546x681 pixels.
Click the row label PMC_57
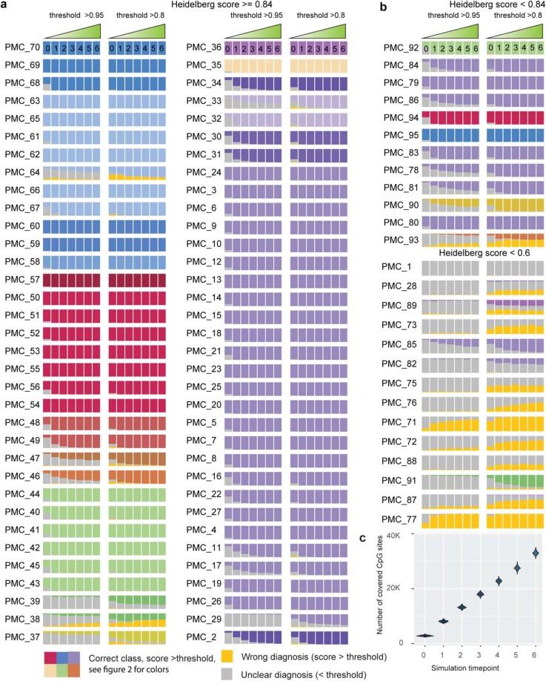pos(21,280)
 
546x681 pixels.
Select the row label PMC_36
pos(202,47)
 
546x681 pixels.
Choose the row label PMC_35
pos(202,65)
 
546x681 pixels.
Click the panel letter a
pos(7,6)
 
